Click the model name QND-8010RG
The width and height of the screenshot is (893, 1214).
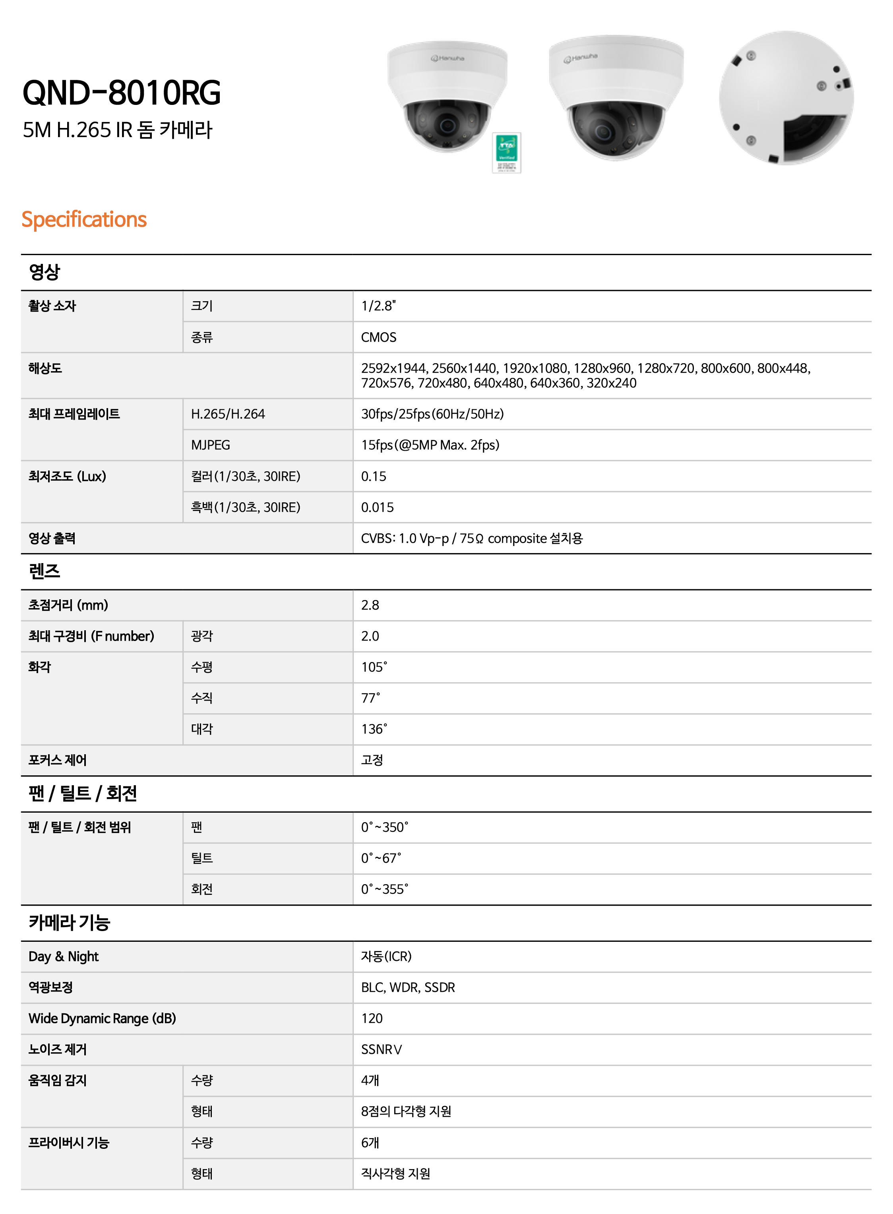(122, 93)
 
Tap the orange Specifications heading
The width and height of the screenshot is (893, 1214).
(84, 219)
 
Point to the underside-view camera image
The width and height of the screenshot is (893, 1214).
(786, 98)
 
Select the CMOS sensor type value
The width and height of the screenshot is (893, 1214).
(378, 337)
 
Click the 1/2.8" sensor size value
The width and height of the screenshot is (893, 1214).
(378, 306)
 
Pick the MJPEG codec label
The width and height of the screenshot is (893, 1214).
(210, 445)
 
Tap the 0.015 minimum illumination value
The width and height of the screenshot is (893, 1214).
(377, 507)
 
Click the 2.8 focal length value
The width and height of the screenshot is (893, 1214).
(370, 605)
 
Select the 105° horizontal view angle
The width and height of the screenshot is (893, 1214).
(374, 667)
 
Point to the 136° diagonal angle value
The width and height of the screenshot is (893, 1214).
(374, 729)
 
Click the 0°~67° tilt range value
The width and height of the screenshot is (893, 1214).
(381, 858)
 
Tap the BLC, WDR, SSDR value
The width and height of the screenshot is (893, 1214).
(408, 987)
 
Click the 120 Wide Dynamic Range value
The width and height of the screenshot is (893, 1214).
(372, 1018)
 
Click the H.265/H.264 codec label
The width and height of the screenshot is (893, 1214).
(228, 414)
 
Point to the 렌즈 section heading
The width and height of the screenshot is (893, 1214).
(45, 571)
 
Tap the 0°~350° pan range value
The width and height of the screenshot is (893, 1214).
(385, 827)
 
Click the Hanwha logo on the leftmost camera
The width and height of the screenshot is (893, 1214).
(447, 58)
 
